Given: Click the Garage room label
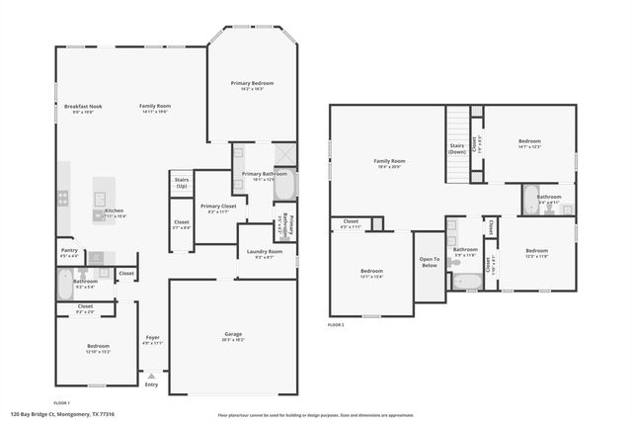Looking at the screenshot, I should [233, 335].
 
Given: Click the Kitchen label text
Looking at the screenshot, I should [115, 210].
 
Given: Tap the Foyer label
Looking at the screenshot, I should [152, 338].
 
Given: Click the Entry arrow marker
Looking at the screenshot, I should [150, 377].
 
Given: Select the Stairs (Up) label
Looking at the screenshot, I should [181, 184].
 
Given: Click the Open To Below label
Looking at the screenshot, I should [429, 262].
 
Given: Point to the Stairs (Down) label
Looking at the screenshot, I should [457, 149].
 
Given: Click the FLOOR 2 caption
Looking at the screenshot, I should [336, 324].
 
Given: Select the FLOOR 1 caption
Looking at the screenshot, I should [61, 402].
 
